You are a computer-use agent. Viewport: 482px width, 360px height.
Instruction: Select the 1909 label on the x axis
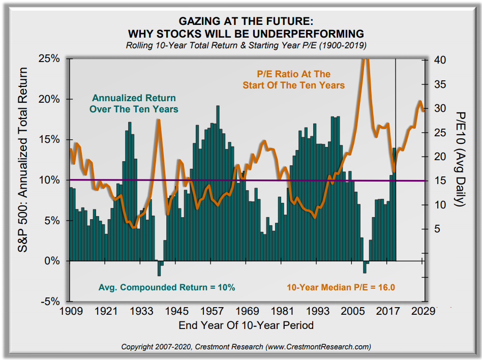point(71,310)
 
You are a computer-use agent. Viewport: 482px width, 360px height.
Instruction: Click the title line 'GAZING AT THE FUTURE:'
point(246,22)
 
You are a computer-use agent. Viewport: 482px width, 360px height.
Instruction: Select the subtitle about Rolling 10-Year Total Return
point(246,46)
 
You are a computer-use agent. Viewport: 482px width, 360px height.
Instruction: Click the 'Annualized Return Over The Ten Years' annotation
point(134,103)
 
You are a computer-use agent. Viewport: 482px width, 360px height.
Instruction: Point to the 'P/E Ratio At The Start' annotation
point(293,79)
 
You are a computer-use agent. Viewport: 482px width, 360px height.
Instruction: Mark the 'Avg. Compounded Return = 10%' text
point(166,287)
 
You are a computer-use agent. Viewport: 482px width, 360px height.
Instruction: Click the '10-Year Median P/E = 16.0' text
point(341,287)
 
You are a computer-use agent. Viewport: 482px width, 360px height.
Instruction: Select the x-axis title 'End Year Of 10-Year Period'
point(246,325)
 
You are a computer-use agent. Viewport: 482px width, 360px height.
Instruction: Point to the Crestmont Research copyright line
point(246,347)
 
